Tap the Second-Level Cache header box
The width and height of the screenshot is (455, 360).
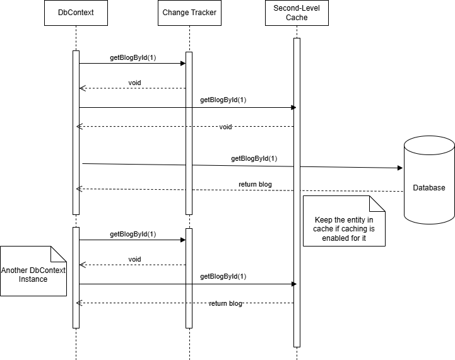297,13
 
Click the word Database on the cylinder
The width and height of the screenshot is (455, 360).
429,188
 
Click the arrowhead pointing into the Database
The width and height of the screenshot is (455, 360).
399,168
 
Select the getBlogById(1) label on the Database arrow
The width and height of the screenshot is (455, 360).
254,159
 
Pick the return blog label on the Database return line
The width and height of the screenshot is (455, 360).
256,184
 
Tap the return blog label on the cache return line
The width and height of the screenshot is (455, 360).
226,304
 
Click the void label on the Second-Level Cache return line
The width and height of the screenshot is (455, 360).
225,127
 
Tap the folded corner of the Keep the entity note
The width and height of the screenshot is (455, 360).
377,203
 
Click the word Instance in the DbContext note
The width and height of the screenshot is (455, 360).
33,279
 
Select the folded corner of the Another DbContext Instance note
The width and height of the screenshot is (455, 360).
59,253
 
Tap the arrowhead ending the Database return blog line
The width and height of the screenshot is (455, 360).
78,189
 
